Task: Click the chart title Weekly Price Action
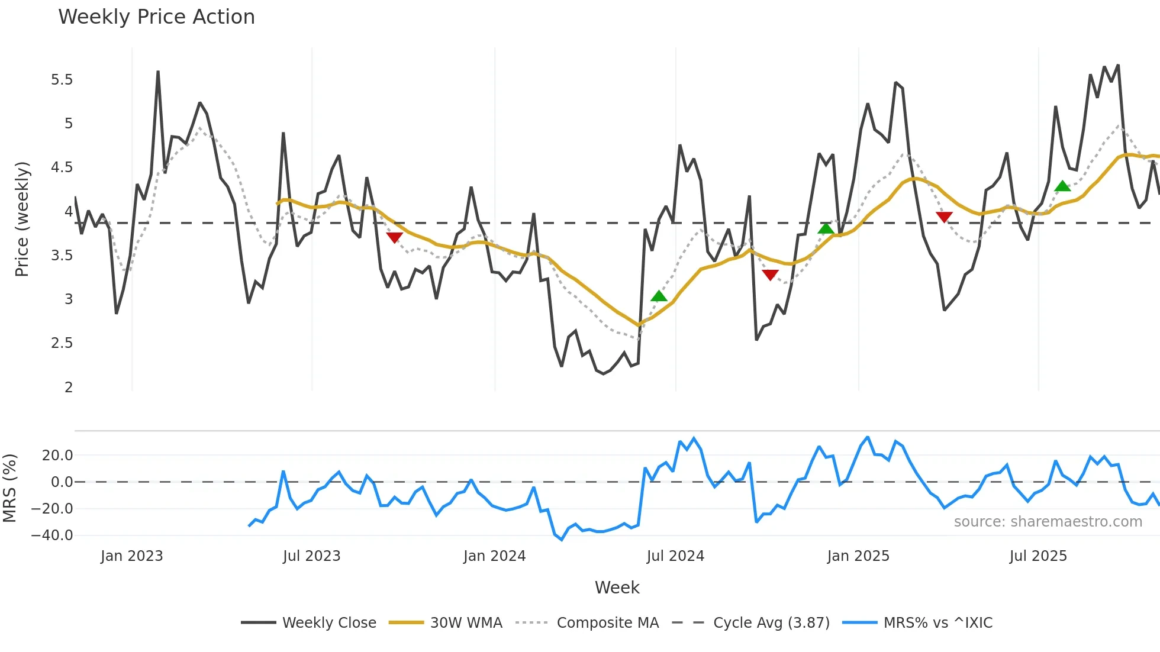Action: [156, 17]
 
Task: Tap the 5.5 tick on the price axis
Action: [62, 80]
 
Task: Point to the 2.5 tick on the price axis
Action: [62, 343]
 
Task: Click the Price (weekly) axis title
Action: [22, 219]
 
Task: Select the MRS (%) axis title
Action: [9, 488]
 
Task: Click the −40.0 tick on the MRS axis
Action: [52, 535]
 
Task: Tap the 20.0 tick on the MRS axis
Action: [57, 456]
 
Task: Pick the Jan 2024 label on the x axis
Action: [494, 556]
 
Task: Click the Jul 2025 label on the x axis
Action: [1038, 556]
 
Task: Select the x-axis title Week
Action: [617, 588]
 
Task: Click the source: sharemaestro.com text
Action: [1048, 522]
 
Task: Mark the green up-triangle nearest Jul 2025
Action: [1062, 186]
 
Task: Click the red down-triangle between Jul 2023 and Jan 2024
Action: [394, 237]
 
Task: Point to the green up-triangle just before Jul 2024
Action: [659, 296]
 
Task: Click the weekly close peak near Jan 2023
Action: [158, 72]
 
